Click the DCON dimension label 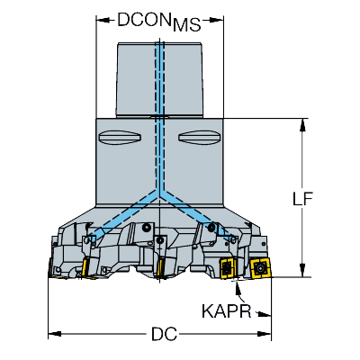click(143, 20)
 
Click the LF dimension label click(302, 199)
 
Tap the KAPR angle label click(226, 311)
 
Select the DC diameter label click(164, 334)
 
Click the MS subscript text click(186, 25)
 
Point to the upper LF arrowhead click(303, 124)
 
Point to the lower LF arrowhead click(303, 270)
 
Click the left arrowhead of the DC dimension click(55, 334)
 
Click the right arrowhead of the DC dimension click(265, 334)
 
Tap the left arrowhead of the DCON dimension click(103, 20)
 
